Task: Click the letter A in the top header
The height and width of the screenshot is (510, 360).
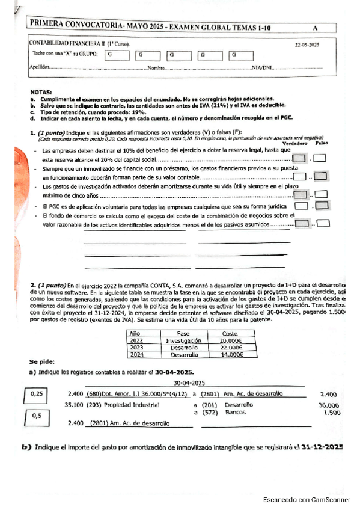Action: point(315,28)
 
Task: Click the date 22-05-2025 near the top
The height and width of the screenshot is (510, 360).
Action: point(307,45)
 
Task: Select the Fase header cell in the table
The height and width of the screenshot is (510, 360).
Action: point(183,333)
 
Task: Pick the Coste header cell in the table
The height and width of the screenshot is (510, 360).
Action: point(230,333)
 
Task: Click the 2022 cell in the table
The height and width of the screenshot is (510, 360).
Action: point(136,340)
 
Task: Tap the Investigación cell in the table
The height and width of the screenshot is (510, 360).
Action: point(183,340)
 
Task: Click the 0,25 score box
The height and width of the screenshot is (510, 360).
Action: point(35,396)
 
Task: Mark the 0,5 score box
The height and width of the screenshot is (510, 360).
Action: point(37,416)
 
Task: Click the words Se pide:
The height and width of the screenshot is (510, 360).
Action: point(41,363)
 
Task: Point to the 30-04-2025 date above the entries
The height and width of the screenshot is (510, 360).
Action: point(189,382)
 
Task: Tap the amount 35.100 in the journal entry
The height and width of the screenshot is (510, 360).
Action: point(73,405)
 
